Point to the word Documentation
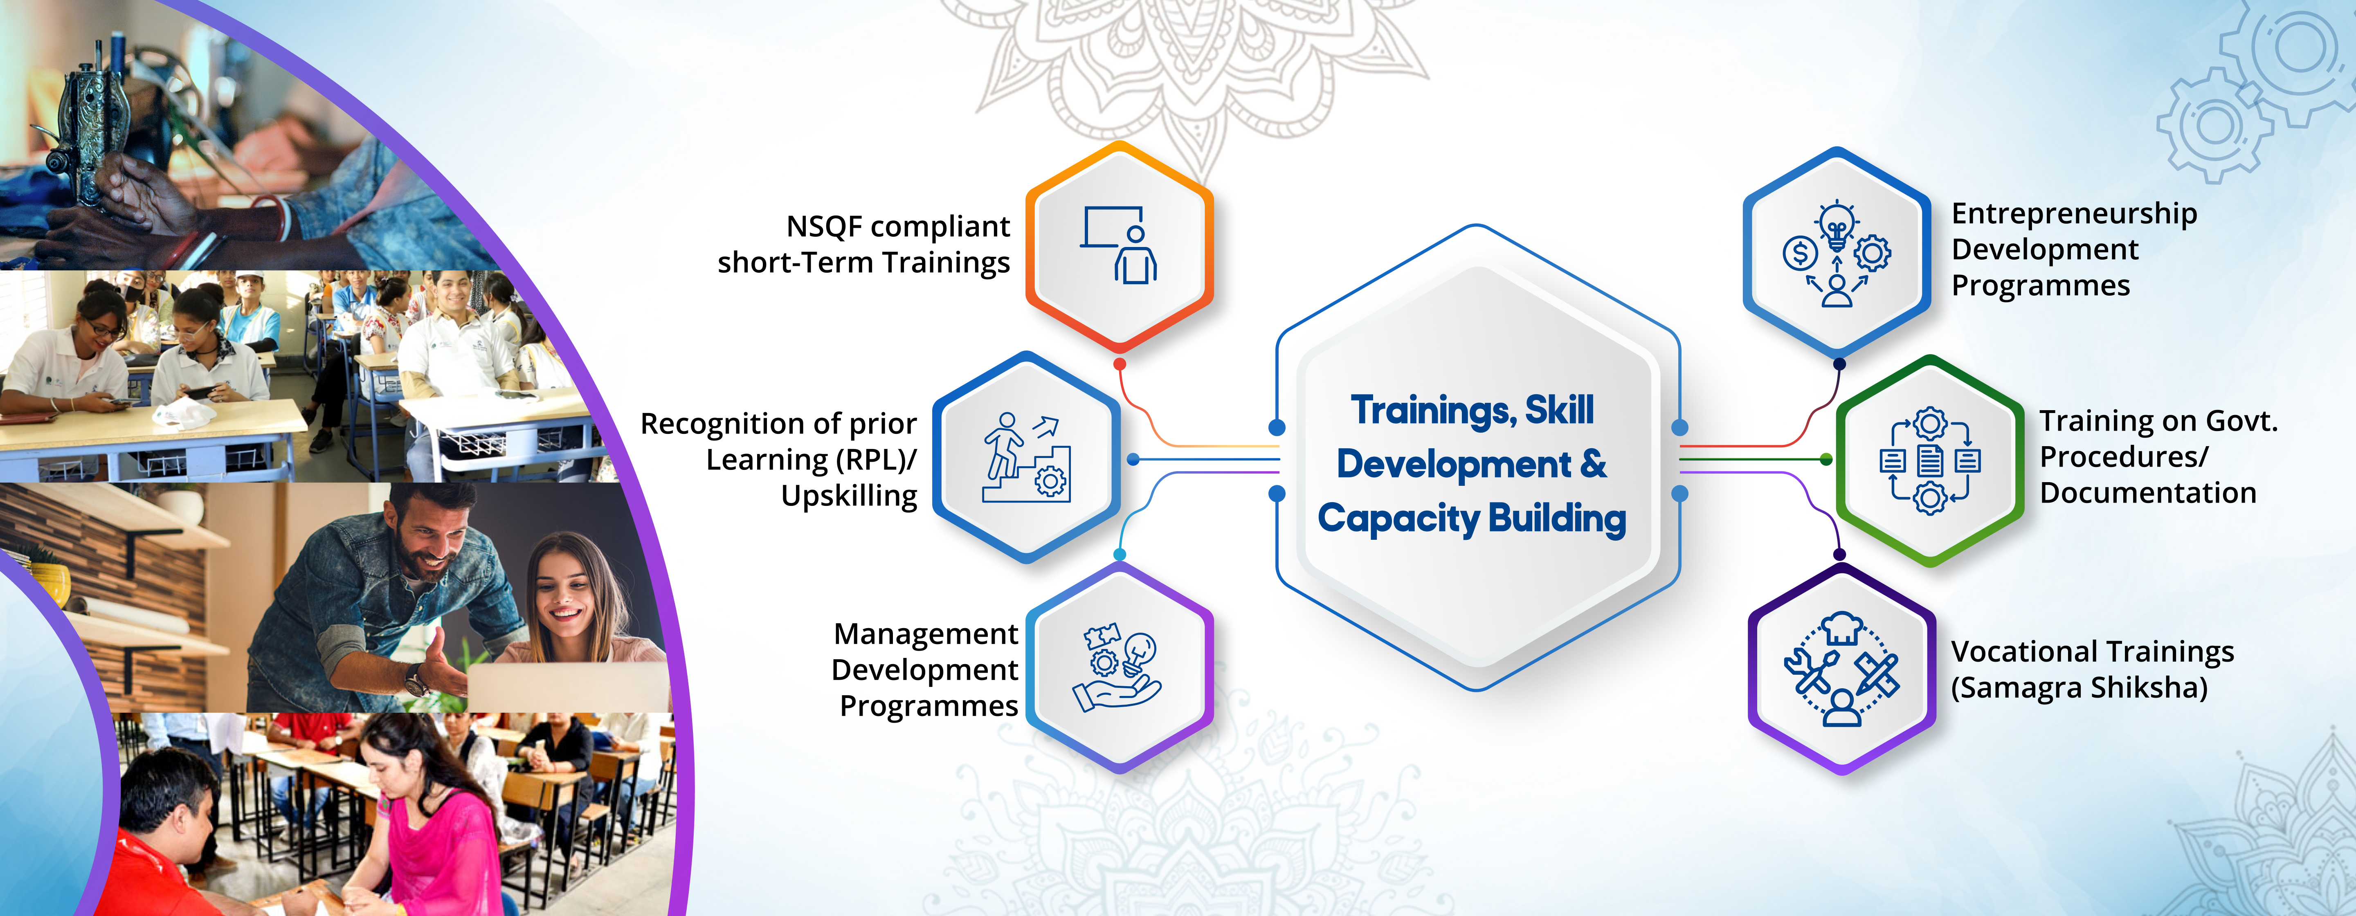[x=2147, y=493]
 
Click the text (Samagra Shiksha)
[x=2079, y=687]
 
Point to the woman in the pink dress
[x=430, y=823]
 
